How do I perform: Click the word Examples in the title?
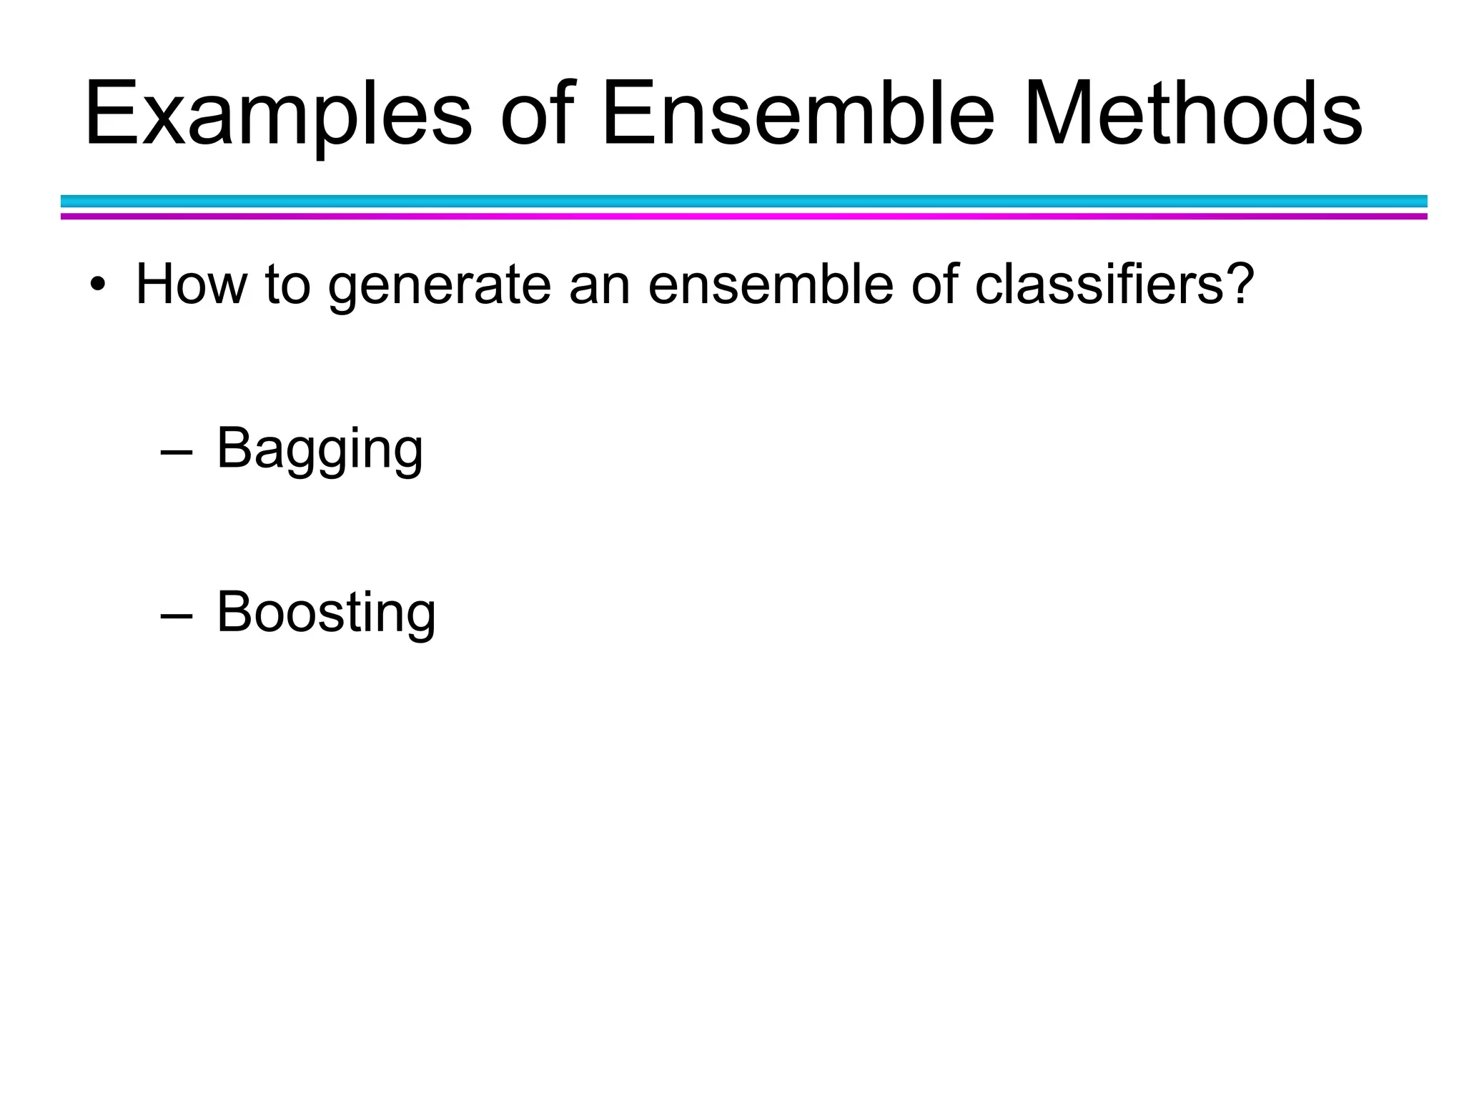(279, 114)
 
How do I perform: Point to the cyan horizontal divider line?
(743, 201)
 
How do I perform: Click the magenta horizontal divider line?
(743, 216)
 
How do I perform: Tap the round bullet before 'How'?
(97, 285)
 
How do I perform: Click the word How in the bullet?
(192, 285)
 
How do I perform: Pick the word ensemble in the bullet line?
(771, 285)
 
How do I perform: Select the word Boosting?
(326, 613)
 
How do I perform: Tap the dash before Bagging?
(177, 452)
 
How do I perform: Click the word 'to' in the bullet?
(287, 285)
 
